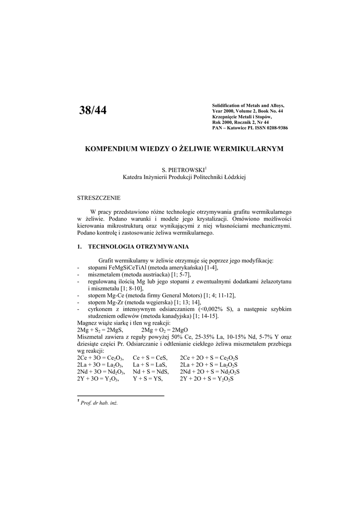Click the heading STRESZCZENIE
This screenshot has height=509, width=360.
99,198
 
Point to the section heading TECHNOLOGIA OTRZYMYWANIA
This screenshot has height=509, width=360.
138,247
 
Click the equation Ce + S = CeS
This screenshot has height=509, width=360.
150,358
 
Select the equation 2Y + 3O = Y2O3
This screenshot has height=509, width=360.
101,379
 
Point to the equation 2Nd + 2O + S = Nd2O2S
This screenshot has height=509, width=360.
210,372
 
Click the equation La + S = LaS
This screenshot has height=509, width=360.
150,365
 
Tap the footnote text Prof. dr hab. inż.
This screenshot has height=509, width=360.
99,403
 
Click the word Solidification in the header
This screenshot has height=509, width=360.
227,106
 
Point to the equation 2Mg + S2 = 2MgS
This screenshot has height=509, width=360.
100,330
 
